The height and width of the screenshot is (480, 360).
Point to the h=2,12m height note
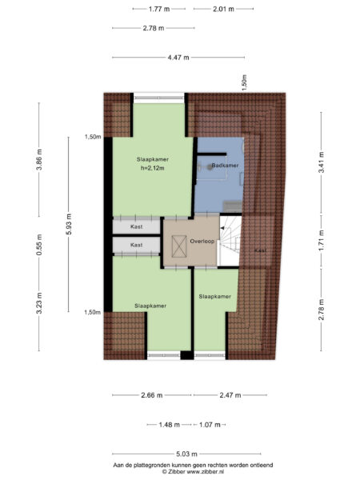(150, 168)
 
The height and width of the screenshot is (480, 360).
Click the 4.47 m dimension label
(179, 57)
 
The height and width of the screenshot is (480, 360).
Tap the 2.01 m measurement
(223, 10)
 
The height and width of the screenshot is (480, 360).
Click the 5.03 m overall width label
(178, 453)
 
